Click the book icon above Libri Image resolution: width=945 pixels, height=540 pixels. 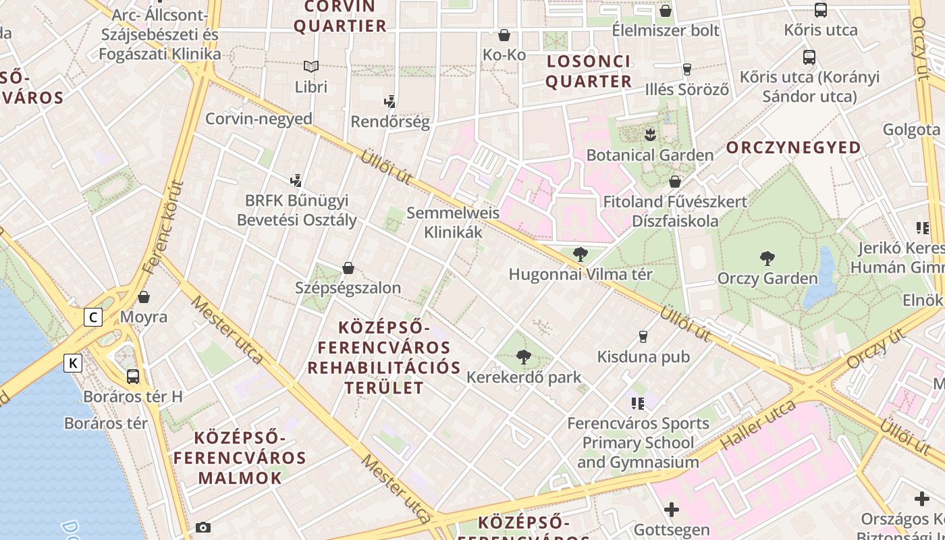310,66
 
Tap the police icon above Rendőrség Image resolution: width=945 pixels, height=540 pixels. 389,102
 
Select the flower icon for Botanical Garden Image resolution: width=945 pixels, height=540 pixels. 650,134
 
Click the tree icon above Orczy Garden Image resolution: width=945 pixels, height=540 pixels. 767,258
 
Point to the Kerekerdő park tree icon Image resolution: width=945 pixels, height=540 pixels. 523,357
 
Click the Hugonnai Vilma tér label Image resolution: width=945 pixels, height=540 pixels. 580,275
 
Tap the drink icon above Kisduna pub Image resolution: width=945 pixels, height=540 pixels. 643,336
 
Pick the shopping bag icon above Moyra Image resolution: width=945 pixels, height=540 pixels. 144,297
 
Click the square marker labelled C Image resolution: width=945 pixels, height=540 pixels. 93,317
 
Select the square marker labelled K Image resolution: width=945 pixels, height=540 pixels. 73,363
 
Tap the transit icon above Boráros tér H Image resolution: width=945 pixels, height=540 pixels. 133,377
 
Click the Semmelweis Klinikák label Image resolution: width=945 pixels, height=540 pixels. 453,223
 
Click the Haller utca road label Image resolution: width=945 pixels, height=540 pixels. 758,425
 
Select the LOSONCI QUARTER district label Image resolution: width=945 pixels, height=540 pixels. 588,72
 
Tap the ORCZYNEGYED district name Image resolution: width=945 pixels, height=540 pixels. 793,148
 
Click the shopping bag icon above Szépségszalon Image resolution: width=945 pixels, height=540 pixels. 348,268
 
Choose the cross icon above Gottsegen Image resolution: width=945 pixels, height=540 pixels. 672,510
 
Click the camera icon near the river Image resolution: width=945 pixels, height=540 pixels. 202,527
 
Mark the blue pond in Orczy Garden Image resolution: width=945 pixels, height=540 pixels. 821,277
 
